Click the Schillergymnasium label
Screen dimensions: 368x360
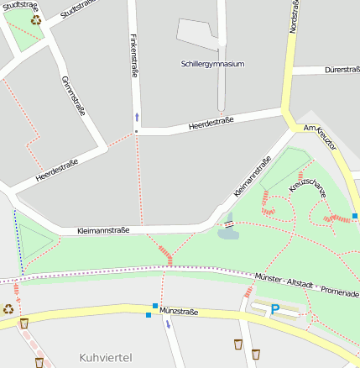click(x=212, y=64)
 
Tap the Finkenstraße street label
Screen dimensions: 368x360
click(x=134, y=57)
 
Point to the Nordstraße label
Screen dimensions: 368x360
click(x=293, y=17)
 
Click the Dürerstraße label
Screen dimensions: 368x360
click(x=342, y=71)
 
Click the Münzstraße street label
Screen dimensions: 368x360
click(x=178, y=312)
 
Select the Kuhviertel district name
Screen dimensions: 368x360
click(x=105, y=357)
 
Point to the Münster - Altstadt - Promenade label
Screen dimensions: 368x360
click(x=305, y=285)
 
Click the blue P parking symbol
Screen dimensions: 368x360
click(x=274, y=310)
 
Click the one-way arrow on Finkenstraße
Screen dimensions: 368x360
click(x=137, y=117)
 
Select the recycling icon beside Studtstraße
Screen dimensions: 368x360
click(x=36, y=19)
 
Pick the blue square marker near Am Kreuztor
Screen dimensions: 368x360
click(x=356, y=216)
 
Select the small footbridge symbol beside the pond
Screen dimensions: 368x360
click(x=227, y=223)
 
